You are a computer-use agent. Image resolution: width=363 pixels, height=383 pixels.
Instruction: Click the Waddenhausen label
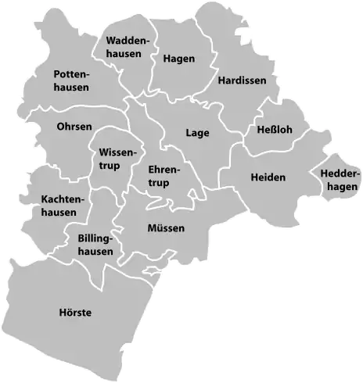pyautogui.click(x=124, y=47)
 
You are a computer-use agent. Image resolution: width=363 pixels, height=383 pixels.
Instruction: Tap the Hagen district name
pyautogui.click(x=179, y=58)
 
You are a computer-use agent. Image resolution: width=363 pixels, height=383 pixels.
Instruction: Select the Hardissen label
pyautogui.click(x=243, y=80)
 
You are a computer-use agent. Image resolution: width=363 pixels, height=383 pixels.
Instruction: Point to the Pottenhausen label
pyautogui.click(x=71, y=81)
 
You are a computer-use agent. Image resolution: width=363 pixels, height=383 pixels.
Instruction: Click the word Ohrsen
pyautogui.click(x=74, y=127)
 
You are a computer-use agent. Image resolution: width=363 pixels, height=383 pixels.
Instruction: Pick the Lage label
pyautogui.click(x=197, y=133)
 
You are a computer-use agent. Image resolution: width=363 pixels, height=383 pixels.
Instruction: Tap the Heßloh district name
pyautogui.click(x=274, y=130)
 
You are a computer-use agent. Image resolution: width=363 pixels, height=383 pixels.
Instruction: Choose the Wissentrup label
pyautogui.click(x=114, y=158)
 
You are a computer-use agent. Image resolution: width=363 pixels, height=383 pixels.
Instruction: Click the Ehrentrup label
pyautogui.click(x=164, y=177)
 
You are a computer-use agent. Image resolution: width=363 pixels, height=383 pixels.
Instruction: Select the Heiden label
pyautogui.click(x=268, y=177)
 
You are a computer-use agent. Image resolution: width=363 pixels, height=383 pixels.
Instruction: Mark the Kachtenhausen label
pyautogui.click(x=59, y=206)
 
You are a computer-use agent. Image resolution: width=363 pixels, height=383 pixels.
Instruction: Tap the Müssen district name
pyautogui.click(x=166, y=228)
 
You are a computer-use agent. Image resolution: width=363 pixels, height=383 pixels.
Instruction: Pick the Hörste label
pyautogui.click(x=75, y=313)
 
